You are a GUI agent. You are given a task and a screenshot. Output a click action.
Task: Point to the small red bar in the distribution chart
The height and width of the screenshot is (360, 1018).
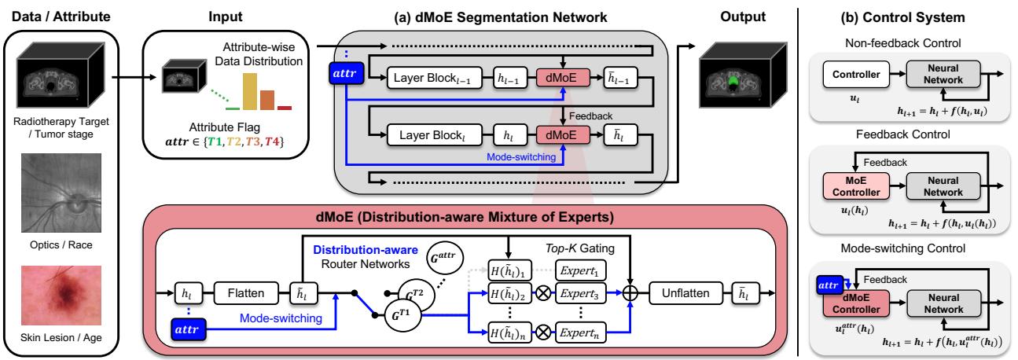tap(284, 107)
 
